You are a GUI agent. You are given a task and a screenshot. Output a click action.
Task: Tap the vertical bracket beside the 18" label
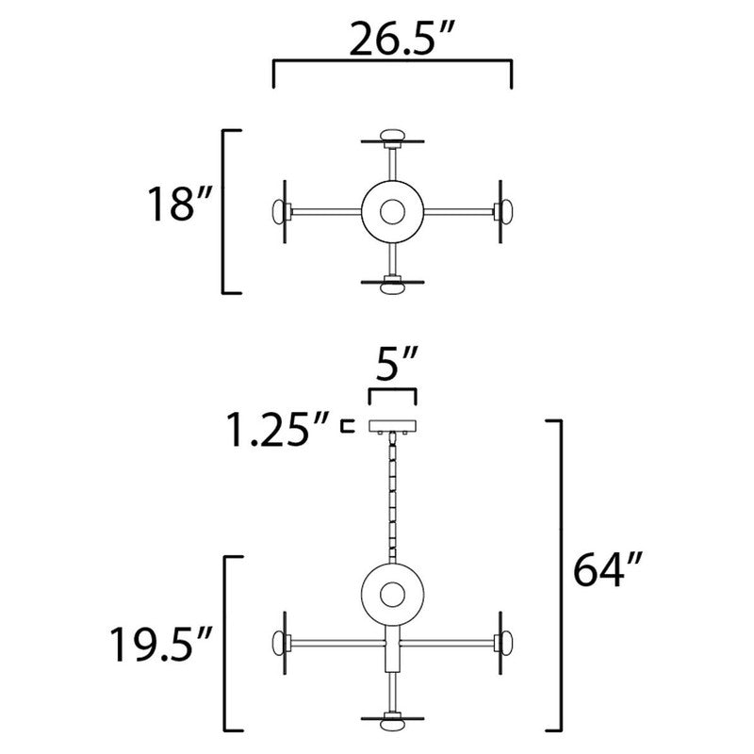(224, 211)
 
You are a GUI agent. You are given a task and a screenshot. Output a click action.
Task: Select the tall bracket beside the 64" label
(562, 575)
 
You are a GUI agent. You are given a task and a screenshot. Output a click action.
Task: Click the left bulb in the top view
(280, 211)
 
